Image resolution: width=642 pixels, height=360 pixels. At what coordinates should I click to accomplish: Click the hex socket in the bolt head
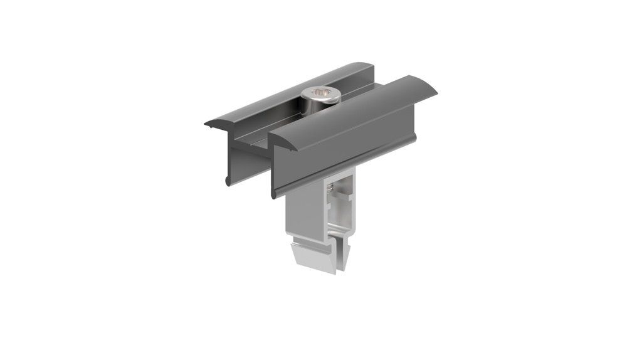coord(320,95)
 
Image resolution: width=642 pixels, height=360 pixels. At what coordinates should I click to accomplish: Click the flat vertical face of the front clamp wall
coord(345,151)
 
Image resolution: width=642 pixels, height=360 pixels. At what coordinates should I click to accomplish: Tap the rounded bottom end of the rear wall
coord(226,181)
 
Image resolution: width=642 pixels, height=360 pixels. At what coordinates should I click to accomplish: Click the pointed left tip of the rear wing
coord(207,124)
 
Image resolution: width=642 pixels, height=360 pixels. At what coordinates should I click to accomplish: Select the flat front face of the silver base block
coord(304,210)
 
